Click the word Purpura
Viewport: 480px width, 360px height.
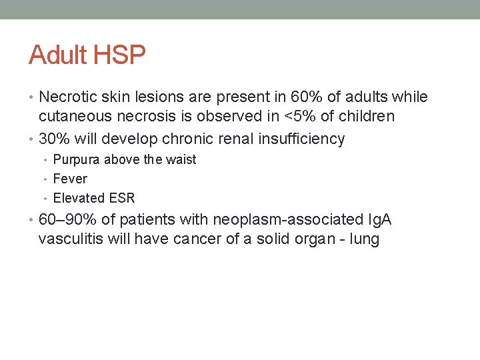pos(77,160)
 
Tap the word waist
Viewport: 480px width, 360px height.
pos(181,160)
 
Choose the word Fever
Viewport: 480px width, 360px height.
pos(70,179)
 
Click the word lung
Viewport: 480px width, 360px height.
pos(363,240)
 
